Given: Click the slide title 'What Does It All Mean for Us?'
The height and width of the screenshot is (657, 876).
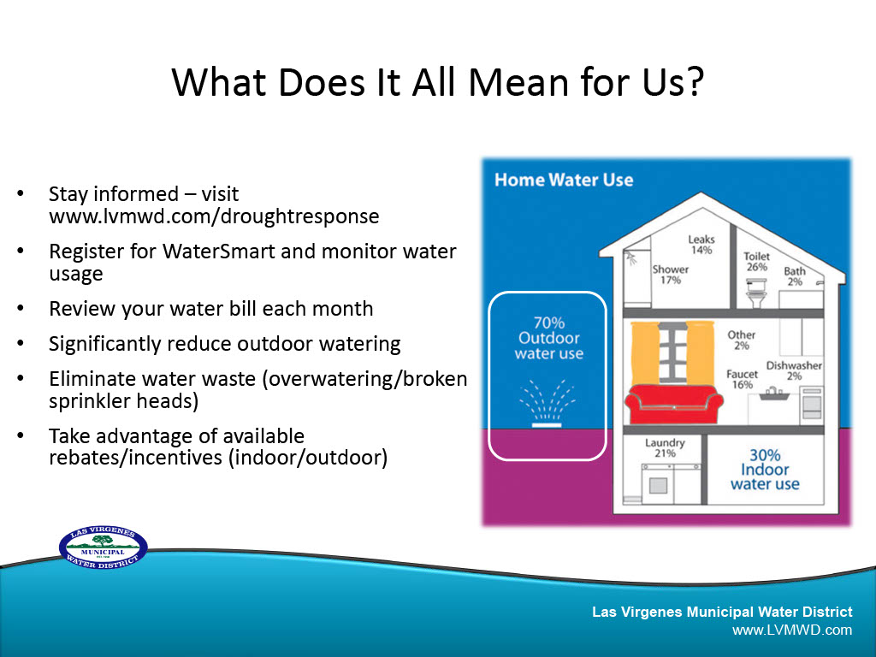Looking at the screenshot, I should (x=437, y=83).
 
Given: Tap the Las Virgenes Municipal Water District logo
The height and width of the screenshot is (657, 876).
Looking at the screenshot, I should (x=103, y=547).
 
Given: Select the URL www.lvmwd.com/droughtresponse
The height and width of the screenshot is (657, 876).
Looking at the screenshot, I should (x=214, y=216).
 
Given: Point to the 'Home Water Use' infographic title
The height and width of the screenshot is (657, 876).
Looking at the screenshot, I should (x=564, y=180).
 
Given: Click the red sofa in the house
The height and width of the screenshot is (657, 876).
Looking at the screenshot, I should (x=670, y=404).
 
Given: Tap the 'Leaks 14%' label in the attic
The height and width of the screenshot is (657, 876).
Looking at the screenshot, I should (x=701, y=245).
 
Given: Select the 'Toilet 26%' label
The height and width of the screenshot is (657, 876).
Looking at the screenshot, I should (x=756, y=261).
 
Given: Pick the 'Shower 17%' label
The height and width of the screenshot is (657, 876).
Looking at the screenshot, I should (x=670, y=275).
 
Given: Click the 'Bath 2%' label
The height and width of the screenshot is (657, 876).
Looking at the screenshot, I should (x=795, y=276).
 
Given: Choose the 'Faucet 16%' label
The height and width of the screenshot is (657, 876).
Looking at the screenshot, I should (x=741, y=379).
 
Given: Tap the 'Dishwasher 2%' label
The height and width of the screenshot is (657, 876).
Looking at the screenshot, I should (x=794, y=370).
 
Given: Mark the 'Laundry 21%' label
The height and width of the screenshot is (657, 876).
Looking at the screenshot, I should (x=665, y=447).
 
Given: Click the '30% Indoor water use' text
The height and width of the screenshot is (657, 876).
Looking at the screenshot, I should (x=765, y=470).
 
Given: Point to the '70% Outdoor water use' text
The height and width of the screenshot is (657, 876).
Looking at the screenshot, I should (x=548, y=338).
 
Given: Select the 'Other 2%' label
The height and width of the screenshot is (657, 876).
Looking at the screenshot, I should (x=741, y=340).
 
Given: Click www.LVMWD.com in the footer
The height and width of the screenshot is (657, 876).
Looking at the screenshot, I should (x=792, y=630).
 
